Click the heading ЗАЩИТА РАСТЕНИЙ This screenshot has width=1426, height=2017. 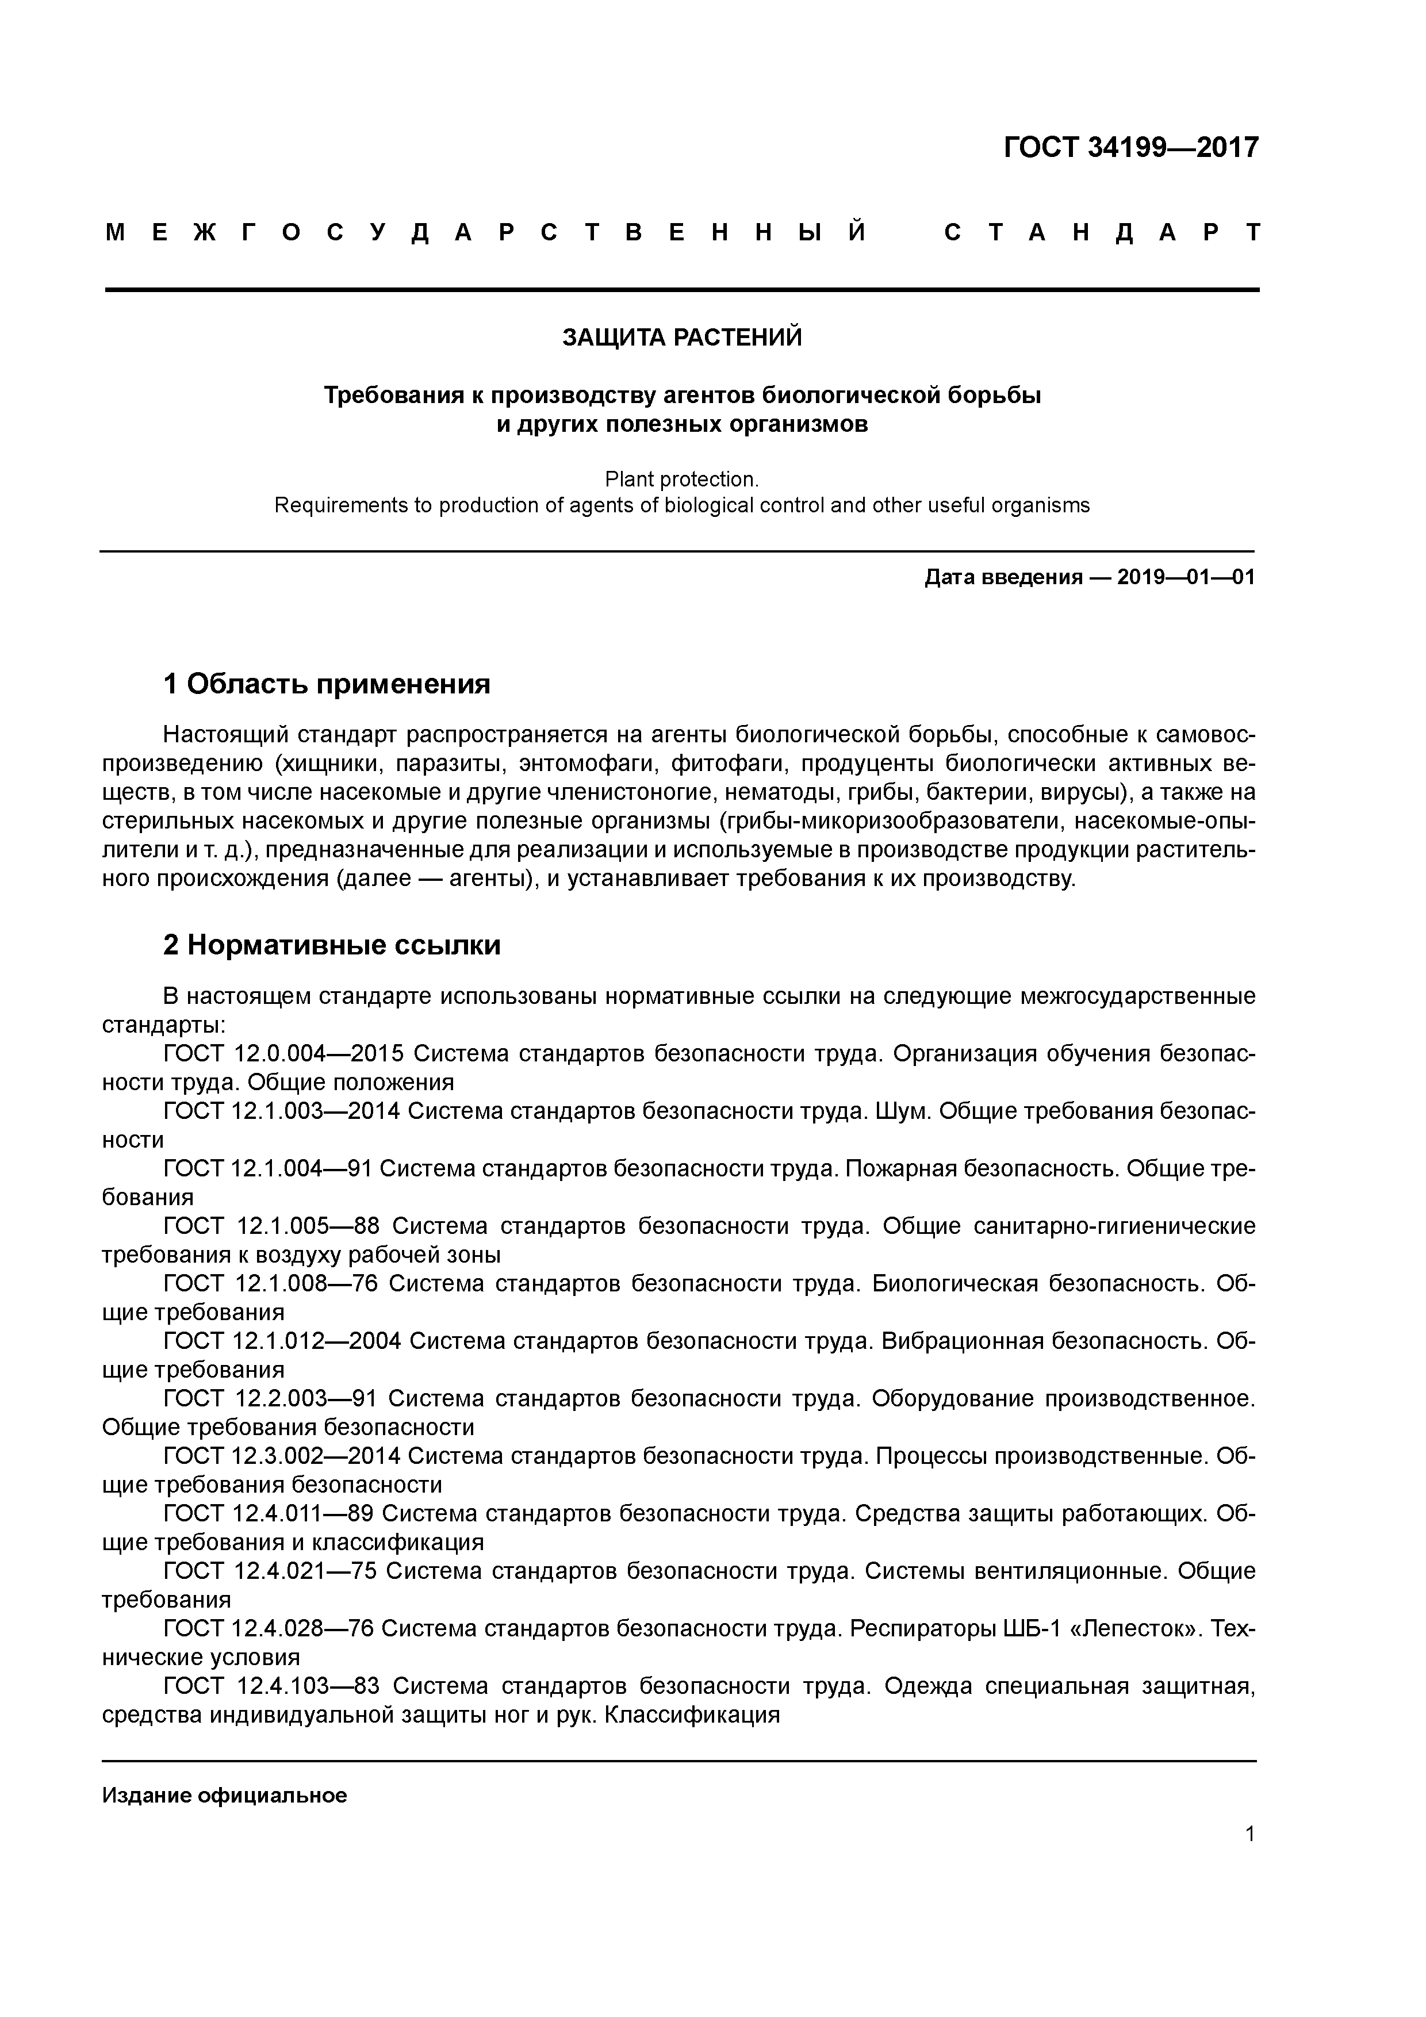click(x=682, y=338)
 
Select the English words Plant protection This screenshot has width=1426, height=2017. click(x=681, y=480)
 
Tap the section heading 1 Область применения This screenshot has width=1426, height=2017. click(x=327, y=684)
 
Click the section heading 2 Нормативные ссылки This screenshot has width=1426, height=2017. click(x=332, y=945)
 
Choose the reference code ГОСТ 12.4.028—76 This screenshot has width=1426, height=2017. click(x=269, y=1628)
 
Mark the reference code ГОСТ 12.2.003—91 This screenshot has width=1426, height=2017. click(x=270, y=1398)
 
